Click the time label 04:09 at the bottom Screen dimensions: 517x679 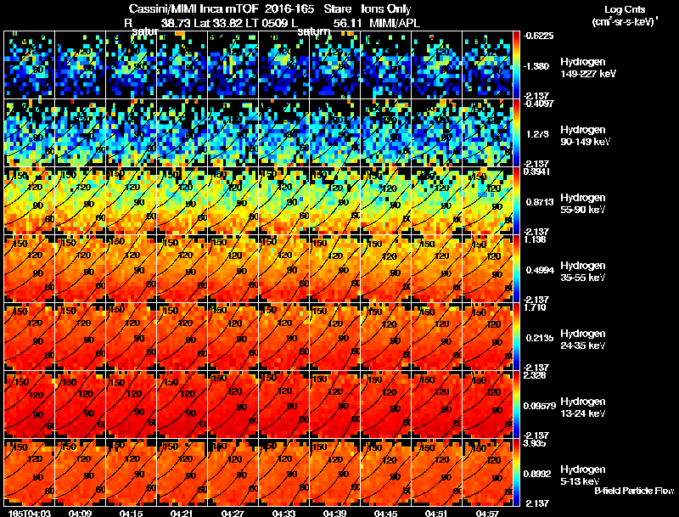tap(81, 513)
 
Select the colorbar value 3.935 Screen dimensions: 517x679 tap(536, 442)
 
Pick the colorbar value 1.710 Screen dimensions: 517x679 tap(536, 306)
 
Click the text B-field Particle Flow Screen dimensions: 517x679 tap(633, 491)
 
